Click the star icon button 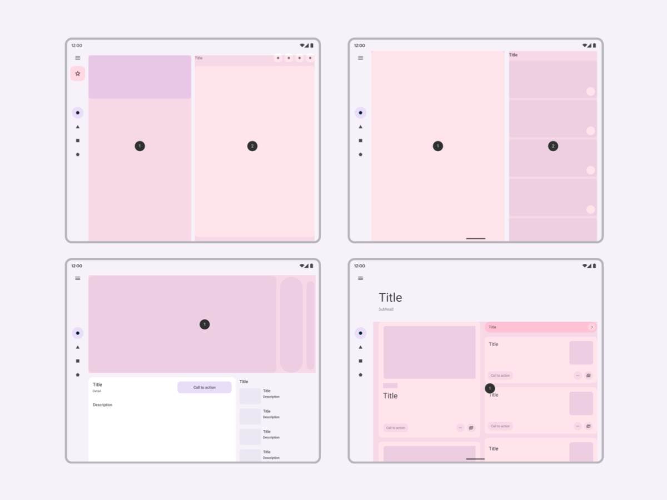coord(78,73)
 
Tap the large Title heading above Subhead coord(390,297)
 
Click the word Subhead coord(386,309)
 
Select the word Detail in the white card coord(97,391)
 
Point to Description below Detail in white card coord(102,405)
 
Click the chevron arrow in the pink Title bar coord(592,327)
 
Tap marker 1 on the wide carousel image coord(205,324)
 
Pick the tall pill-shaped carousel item coord(291,324)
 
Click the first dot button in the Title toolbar coord(278,58)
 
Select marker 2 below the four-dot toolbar coord(252,146)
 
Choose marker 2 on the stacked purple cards coord(552,146)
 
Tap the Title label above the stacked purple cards coord(513,55)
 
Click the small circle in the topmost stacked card coord(590,92)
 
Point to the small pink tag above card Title coord(390,386)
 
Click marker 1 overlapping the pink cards coord(490,388)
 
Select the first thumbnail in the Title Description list coord(250,396)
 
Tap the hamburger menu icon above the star coord(78,58)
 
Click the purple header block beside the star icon coord(140,77)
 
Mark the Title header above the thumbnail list coord(243,382)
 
